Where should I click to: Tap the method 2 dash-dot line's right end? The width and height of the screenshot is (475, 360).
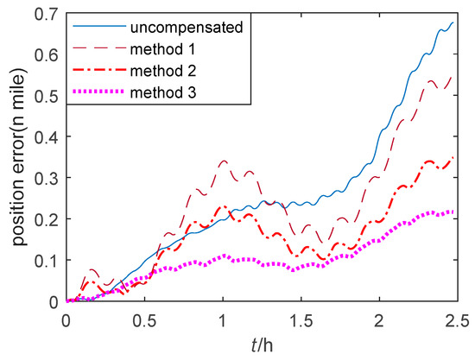pyautogui.click(x=453, y=158)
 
